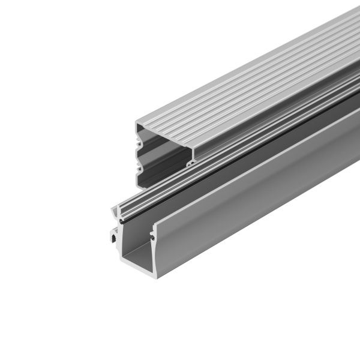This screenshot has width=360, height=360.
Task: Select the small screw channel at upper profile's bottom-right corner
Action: (191, 161)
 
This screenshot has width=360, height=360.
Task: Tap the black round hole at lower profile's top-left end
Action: (123, 222)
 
